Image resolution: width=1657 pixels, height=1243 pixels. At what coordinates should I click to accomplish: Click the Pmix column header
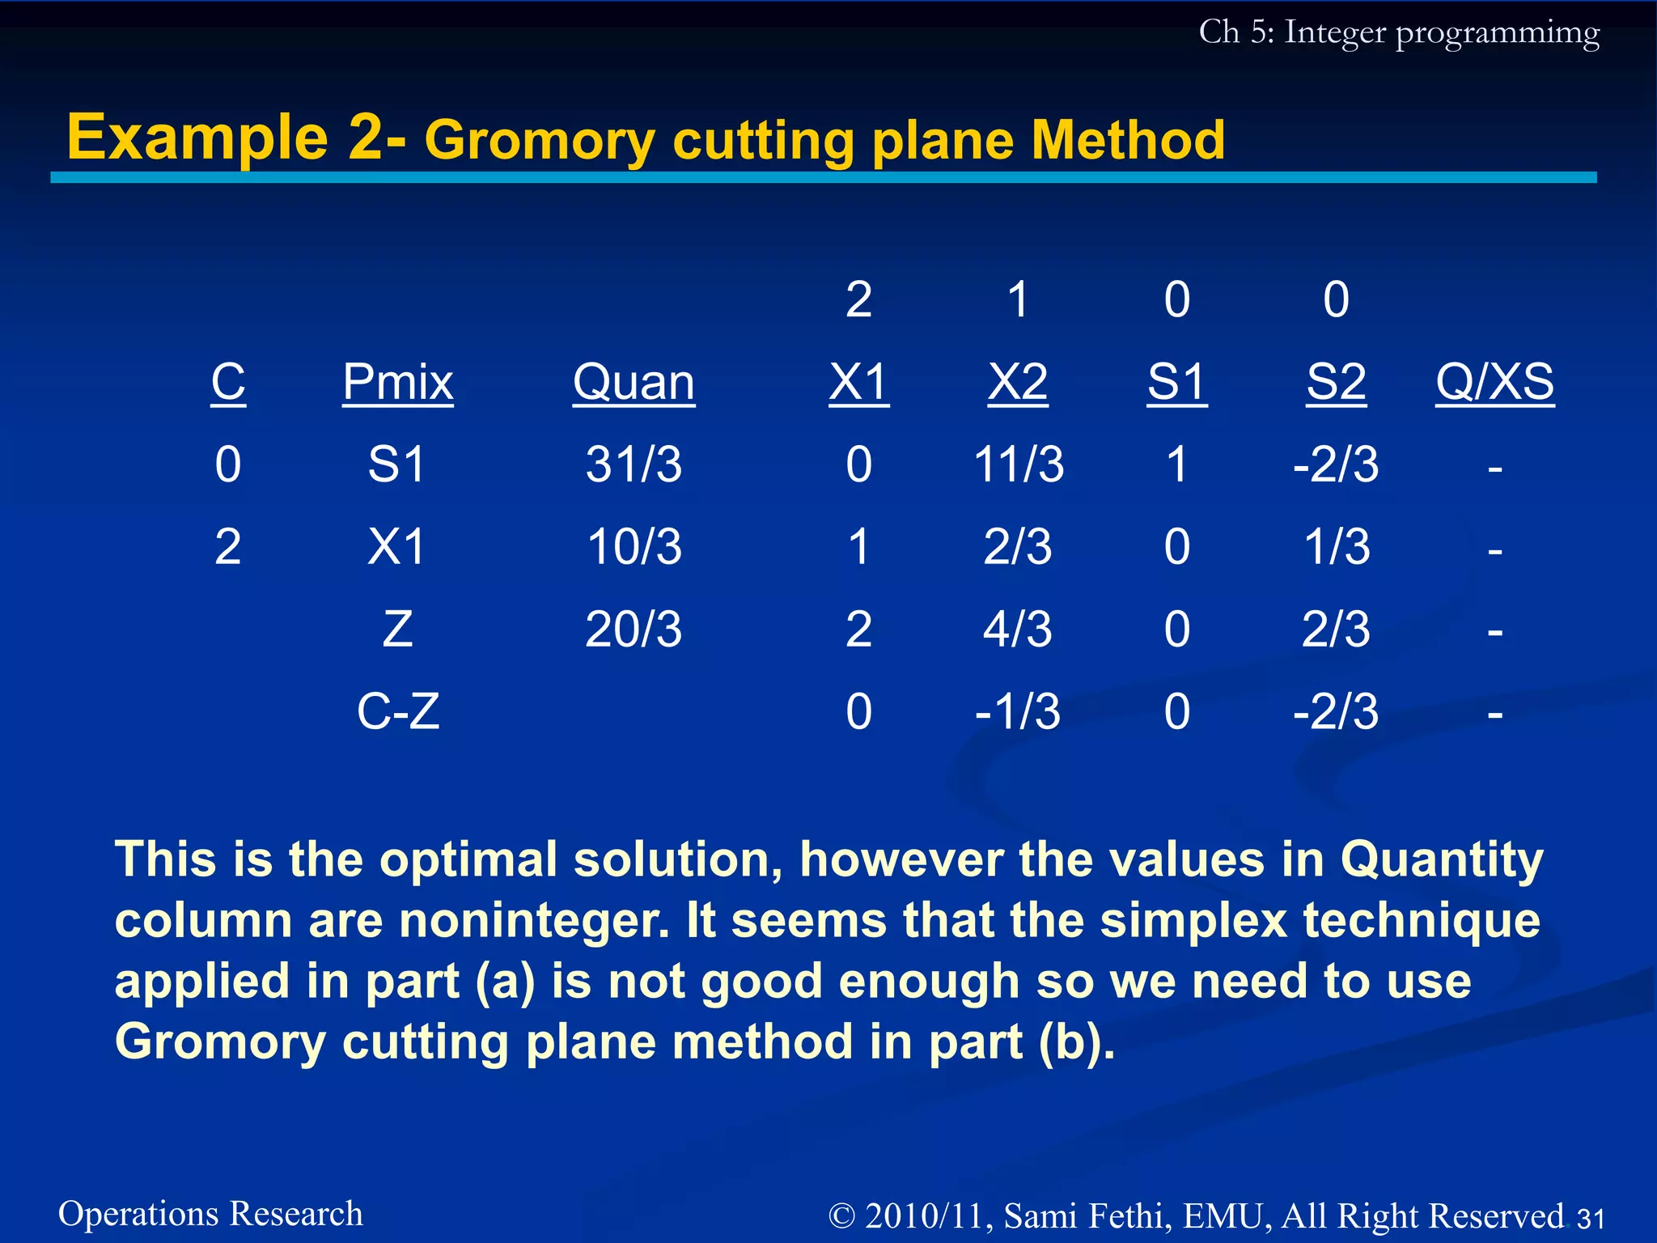397,382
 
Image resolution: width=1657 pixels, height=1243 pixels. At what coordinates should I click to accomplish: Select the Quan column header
634,382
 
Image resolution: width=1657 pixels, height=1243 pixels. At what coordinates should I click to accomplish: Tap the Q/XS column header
1494,382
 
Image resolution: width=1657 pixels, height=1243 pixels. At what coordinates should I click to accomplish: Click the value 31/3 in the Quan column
634,465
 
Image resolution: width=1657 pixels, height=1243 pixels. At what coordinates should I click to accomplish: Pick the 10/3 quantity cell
634,547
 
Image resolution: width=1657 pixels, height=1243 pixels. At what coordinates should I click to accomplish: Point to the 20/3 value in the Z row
634,630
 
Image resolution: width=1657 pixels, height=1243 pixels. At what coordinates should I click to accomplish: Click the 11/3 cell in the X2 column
1018,465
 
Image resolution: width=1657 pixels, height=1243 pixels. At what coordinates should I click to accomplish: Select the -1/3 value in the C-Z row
1018,712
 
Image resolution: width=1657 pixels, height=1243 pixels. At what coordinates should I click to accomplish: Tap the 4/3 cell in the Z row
1018,630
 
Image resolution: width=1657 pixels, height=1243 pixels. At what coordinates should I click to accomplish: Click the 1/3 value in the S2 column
1337,547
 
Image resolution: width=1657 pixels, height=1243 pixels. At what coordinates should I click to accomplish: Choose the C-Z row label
398,712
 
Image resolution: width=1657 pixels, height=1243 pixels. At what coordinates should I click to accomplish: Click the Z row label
397,630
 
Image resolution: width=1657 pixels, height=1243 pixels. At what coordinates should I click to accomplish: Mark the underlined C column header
228,382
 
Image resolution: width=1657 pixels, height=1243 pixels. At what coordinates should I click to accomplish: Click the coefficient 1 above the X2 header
1018,299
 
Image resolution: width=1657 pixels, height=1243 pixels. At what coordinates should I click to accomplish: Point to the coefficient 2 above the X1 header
858,299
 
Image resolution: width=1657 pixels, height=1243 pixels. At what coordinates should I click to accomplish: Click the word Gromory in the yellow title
539,141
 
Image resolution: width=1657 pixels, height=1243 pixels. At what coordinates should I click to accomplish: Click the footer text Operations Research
210,1214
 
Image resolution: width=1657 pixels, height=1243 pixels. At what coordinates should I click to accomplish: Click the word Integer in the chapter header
1335,32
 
